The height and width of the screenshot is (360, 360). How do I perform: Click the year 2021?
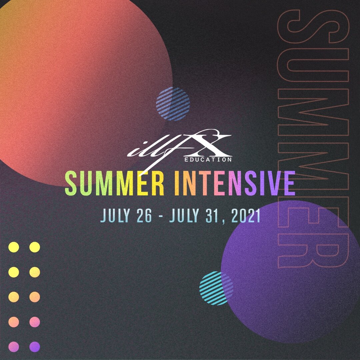tap(245, 216)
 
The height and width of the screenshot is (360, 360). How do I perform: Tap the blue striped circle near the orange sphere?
tap(173, 104)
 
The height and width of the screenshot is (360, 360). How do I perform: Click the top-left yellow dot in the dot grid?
tap(14, 247)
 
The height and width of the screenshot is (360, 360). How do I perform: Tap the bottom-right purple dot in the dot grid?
tap(34, 347)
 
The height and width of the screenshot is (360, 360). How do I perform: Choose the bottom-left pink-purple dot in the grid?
tap(14, 347)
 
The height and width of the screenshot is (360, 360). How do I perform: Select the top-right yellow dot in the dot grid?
tap(34, 247)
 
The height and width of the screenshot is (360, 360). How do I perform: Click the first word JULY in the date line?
tap(115, 216)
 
